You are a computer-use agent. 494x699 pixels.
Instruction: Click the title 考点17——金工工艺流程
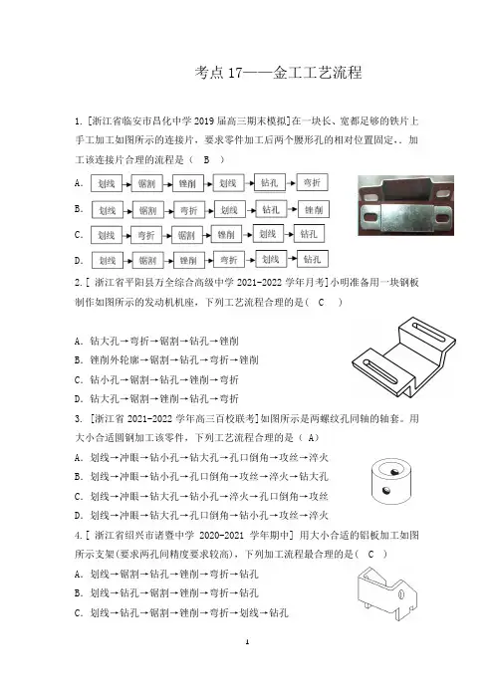(278, 73)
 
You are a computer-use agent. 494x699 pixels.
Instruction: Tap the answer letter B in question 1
(206, 159)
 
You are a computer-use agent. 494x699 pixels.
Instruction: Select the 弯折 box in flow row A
(312, 182)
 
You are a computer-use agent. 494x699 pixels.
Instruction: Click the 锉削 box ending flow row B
(314, 209)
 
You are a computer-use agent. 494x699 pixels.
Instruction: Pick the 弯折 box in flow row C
(145, 235)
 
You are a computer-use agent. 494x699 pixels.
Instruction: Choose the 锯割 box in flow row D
(147, 260)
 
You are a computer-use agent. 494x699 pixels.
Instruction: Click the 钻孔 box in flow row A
(270, 183)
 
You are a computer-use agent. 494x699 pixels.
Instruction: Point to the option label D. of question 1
(79, 260)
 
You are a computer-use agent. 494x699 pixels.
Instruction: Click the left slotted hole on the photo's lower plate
(370, 217)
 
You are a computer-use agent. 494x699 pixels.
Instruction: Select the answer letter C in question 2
(321, 303)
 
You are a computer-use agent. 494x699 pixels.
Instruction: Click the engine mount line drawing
(403, 356)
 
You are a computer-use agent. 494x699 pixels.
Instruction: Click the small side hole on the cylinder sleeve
(386, 491)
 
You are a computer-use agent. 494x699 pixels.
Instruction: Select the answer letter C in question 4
(370, 554)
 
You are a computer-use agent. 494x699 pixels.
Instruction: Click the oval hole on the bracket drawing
(400, 594)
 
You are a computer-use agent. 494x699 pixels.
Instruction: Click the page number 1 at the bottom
(247, 642)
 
